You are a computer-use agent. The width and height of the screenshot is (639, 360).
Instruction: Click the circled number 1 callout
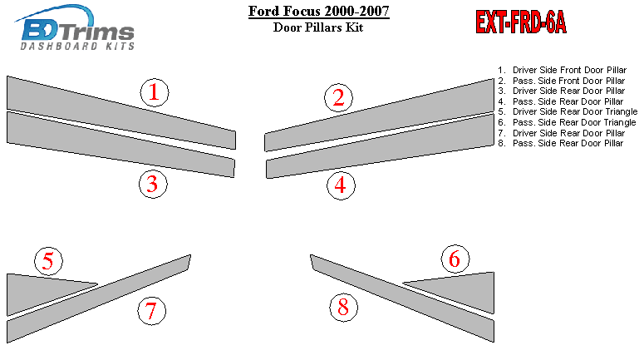pos(155,92)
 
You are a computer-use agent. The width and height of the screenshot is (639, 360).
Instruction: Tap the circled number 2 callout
pos(339,97)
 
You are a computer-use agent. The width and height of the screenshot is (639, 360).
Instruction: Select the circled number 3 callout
pos(153,184)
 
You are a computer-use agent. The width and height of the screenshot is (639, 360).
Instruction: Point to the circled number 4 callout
pos(341,185)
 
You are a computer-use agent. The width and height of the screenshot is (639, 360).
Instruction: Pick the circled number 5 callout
pos(48,261)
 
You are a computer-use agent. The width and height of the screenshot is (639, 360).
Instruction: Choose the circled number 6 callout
pos(455,259)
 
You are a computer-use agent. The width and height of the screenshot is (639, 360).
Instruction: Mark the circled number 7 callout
pos(151,311)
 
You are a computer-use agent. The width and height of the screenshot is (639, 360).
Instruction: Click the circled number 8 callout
pos(343,307)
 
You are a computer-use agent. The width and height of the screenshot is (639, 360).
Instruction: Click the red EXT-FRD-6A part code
pos(521,22)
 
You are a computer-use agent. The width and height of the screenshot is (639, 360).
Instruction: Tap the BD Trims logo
pos(76,27)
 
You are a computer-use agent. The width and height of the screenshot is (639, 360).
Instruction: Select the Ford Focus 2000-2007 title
pos(319,11)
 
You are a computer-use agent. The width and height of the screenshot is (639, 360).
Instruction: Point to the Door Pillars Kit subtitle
pos(318,27)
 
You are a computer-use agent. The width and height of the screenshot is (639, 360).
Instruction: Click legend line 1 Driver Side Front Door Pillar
pos(562,70)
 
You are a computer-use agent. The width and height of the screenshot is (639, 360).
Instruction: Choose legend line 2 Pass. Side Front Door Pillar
pos(561,81)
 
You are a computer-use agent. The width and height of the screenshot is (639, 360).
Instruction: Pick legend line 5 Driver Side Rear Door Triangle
pos(568,111)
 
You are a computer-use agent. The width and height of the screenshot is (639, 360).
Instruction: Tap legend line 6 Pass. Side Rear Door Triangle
pos(567,122)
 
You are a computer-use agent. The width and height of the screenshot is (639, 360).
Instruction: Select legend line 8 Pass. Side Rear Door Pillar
pos(560,143)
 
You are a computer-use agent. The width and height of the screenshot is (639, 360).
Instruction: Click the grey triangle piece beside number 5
pos(37,290)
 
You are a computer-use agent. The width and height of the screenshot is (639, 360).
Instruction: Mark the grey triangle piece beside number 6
pos(465,288)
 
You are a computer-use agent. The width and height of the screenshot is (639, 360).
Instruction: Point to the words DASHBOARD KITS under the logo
pos(77,46)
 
